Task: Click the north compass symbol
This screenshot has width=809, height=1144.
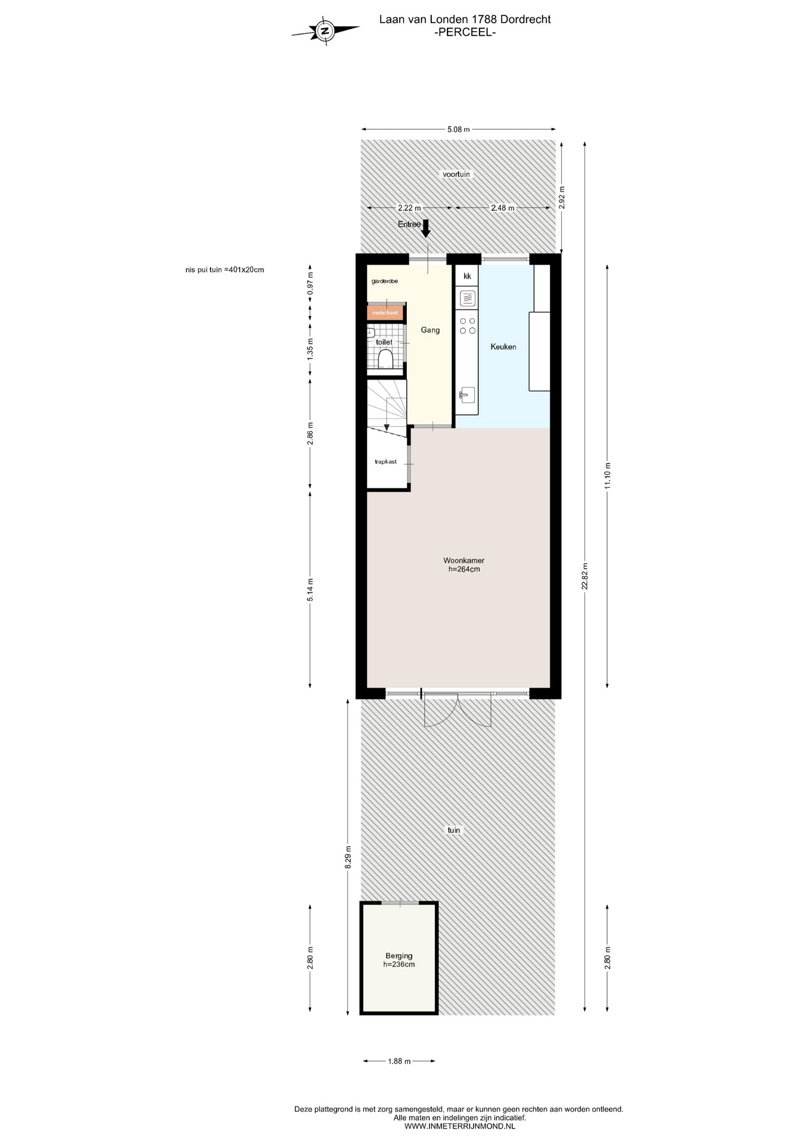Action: [x=325, y=30]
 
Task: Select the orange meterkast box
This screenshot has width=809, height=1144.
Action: [x=385, y=313]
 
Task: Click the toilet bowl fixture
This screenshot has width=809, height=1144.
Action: [x=385, y=359]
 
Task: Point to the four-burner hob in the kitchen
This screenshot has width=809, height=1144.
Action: [x=467, y=325]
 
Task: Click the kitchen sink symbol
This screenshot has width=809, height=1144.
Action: [x=467, y=395]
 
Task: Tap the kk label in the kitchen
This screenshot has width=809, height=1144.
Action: [x=467, y=276]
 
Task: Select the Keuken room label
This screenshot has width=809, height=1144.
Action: [x=503, y=347]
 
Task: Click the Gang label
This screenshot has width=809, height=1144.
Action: [x=430, y=330]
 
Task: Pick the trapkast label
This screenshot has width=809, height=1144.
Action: [x=385, y=462]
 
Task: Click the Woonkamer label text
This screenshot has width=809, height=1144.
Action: [x=463, y=561]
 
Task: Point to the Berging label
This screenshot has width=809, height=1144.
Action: [x=399, y=956]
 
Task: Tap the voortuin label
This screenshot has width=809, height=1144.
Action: [x=456, y=175]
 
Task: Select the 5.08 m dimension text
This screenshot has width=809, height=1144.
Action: [x=459, y=129]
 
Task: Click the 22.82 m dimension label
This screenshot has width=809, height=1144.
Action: [x=585, y=576]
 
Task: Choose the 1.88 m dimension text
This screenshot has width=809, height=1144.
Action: [x=399, y=1061]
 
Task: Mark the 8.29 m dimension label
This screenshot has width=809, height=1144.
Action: [x=348, y=857]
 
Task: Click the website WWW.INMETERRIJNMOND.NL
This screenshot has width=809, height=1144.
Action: [x=460, y=1126]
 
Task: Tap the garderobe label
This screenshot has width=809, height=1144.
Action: [x=385, y=281]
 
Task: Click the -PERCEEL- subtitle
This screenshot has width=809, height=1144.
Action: [x=465, y=33]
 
